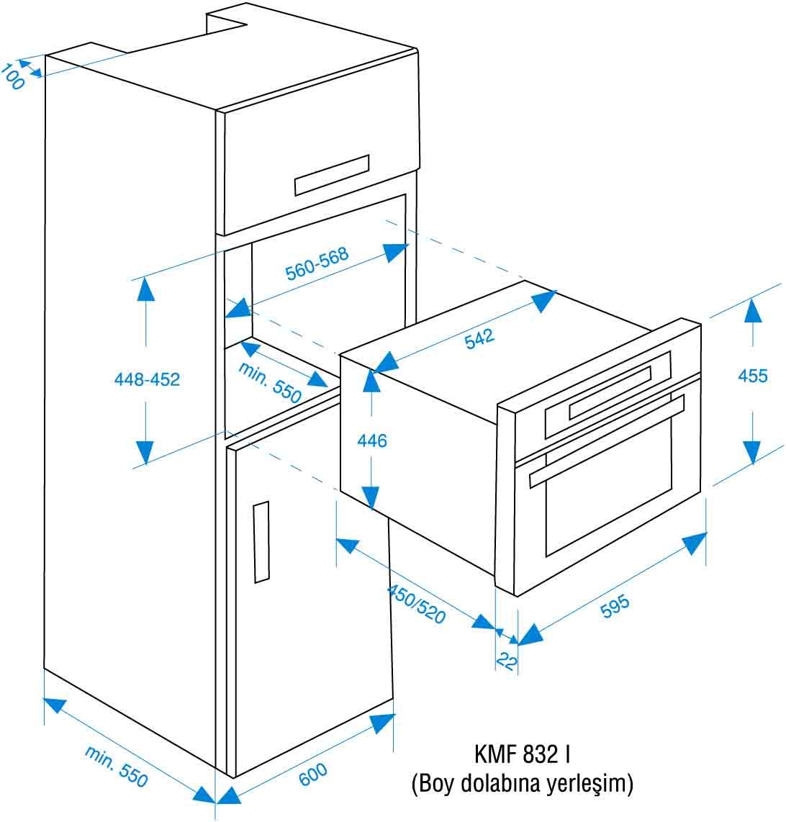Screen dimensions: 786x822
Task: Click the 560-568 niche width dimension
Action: [x=317, y=263]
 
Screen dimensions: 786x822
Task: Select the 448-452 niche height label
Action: [x=147, y=379]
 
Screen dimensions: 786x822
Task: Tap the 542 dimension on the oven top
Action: [x=479, y=338]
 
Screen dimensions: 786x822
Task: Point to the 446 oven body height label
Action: [x=371, y=441]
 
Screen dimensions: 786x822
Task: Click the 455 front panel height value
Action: [x=752, y=375]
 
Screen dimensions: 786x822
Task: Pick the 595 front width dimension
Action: [x=615, y=606]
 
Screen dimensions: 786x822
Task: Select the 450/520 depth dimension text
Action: [x=416, y=605]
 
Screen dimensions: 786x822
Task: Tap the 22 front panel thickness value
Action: [x=507, y=661]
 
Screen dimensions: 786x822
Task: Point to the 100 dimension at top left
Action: [x=12, y=76]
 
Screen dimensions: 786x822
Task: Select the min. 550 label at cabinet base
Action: [x=116, y=767]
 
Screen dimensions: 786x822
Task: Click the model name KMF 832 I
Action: [x=522, y=754]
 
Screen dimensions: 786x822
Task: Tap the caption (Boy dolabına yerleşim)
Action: [x=523, y=783]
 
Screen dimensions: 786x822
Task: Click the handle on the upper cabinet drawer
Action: [x=332, y=175]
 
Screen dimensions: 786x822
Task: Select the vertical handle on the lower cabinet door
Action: [x=262, y=542]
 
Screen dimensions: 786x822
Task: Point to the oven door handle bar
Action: [x=607, y=441]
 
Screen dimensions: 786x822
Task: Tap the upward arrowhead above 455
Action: [x=753, y=310]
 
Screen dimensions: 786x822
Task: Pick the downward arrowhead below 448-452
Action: [x=145, y=453]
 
